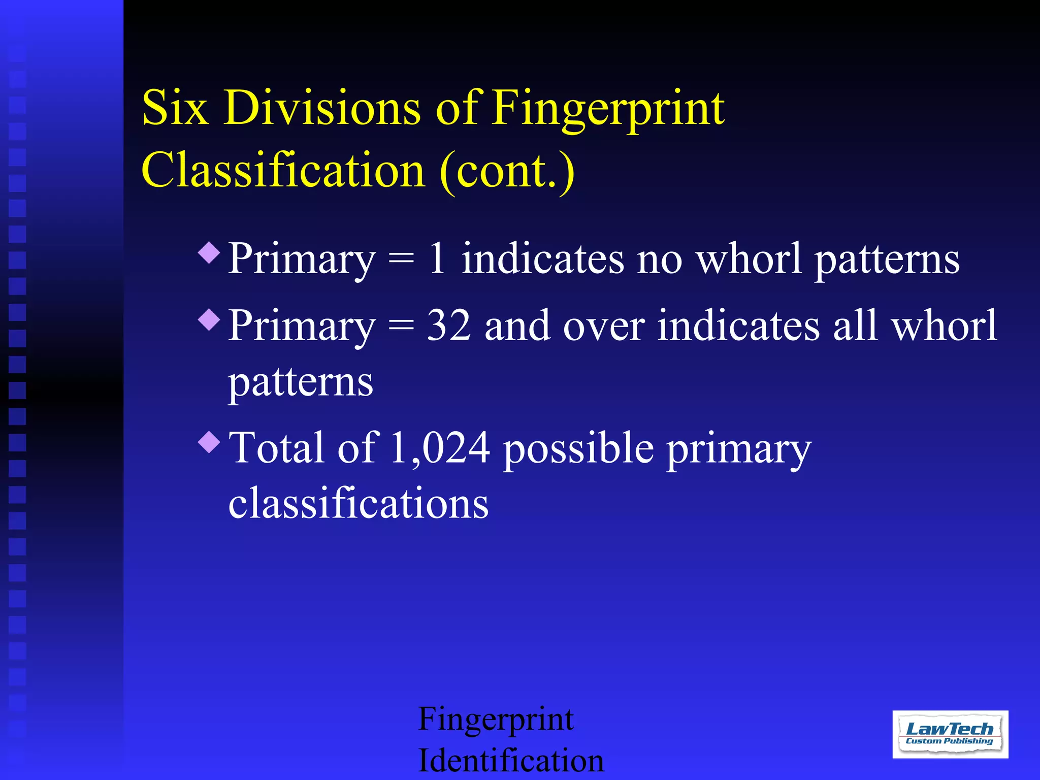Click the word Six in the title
point(175,108)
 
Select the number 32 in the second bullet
point(448,326)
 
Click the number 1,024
point(440,448)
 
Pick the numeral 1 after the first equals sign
point(437,258)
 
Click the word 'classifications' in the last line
point(359,503)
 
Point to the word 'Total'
point(276,448)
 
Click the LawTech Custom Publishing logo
point(950,734)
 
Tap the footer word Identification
point(511,760)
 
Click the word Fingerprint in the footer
point(496,720)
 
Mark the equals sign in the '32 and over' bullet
point(401,327)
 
